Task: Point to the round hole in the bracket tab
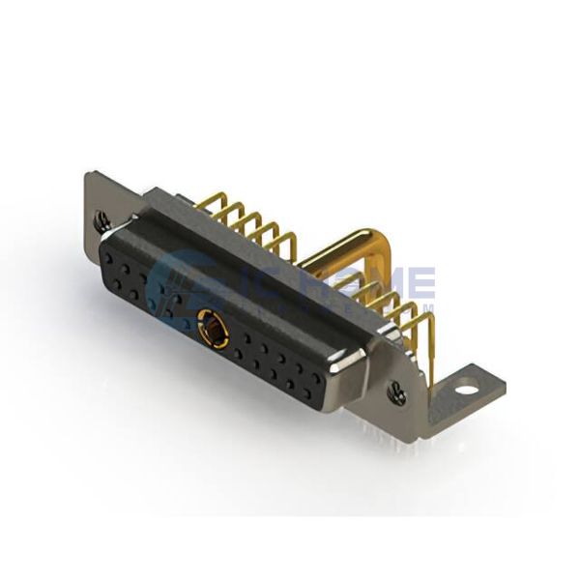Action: coord(469,391)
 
